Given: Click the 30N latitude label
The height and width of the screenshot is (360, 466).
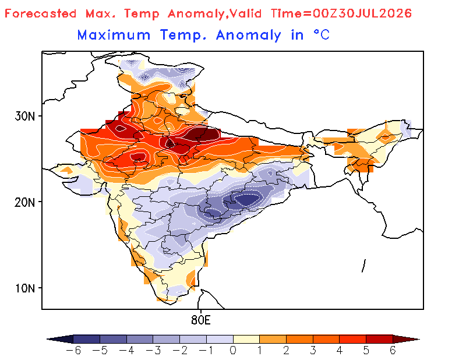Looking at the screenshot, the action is point(24,117).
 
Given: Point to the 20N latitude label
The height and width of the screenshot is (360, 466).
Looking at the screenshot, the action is point(24,203).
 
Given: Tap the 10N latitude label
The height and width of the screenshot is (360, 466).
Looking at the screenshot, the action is point(24,288).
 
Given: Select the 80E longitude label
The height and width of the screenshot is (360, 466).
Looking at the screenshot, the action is point(201,320).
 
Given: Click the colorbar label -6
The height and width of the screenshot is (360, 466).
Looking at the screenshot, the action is point(73,351).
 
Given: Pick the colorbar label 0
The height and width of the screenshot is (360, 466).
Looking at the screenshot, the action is point(233,351).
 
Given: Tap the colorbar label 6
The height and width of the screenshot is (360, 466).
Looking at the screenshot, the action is point(393,351).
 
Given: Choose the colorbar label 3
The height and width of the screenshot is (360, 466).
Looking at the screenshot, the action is point(313,351).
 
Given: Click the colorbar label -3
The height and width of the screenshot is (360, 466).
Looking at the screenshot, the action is point(153,351).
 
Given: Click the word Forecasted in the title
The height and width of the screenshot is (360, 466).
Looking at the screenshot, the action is point(40,13).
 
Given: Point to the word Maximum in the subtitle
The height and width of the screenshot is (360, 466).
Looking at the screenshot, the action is point(114,35).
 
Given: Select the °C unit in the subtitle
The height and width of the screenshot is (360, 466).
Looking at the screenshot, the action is point(322,35).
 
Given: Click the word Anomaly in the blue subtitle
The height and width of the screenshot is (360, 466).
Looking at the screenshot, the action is point(249,36).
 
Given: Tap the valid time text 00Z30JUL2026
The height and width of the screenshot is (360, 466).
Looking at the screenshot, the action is point(362,13).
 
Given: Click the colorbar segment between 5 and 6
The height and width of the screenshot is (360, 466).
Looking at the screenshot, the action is point(380,339).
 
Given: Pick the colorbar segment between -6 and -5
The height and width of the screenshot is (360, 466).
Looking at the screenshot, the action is point(86,339).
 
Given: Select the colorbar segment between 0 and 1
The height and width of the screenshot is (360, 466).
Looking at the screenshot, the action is point(246,339).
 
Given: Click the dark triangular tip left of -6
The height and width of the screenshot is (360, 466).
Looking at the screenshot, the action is point(61,339).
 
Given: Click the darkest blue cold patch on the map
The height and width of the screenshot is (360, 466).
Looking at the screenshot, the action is point(247,200).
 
